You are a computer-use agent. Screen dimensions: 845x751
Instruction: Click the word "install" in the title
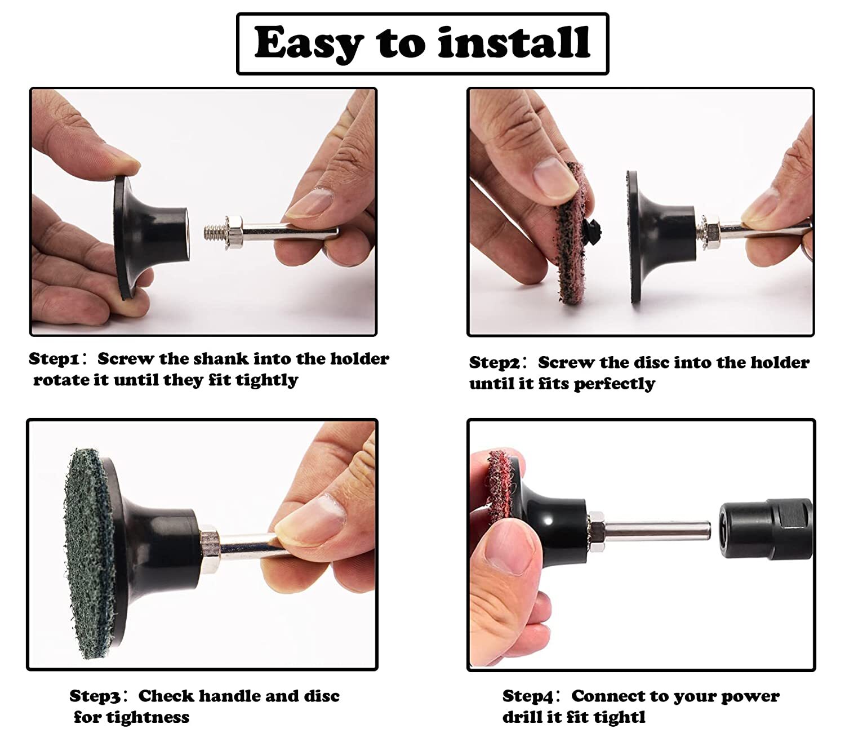(514, 42)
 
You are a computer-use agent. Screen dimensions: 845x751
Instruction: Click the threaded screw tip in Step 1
(214, 232)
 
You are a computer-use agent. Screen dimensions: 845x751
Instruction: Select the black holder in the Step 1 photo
(150, 236)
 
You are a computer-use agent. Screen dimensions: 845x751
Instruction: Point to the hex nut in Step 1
(235, 232)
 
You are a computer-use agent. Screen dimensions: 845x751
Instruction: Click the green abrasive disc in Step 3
(90, 553)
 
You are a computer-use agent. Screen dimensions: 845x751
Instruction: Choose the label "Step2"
(495, 363)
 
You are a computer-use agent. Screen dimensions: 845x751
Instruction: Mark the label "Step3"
(95, 696)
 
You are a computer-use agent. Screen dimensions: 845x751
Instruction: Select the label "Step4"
(528, 696)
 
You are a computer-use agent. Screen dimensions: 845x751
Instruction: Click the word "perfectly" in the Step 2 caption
(615, 384)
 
